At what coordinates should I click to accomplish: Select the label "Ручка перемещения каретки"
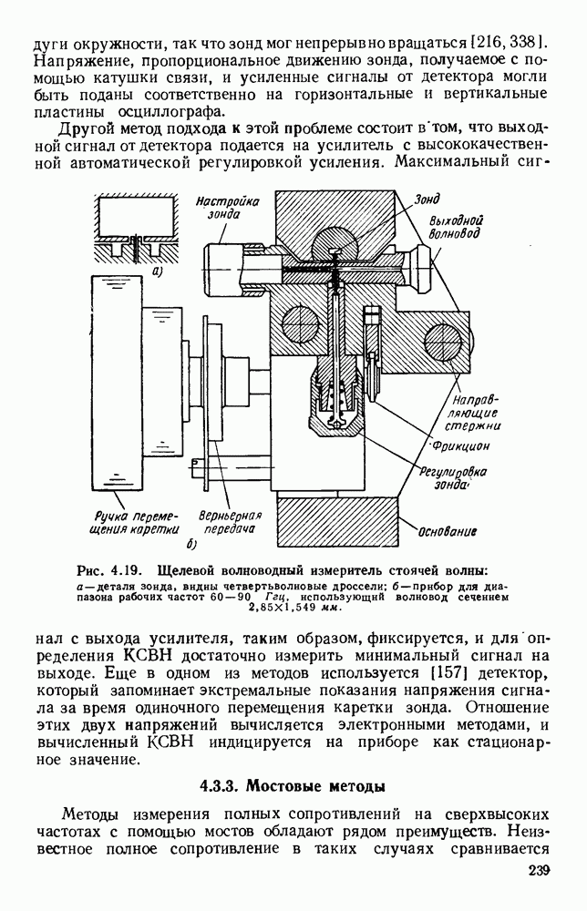[136, 522]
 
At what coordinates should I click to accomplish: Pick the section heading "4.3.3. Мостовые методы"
[293, 785]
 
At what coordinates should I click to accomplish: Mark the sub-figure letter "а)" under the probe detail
[158, 271]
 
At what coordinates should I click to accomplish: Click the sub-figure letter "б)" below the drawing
[191, 546]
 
